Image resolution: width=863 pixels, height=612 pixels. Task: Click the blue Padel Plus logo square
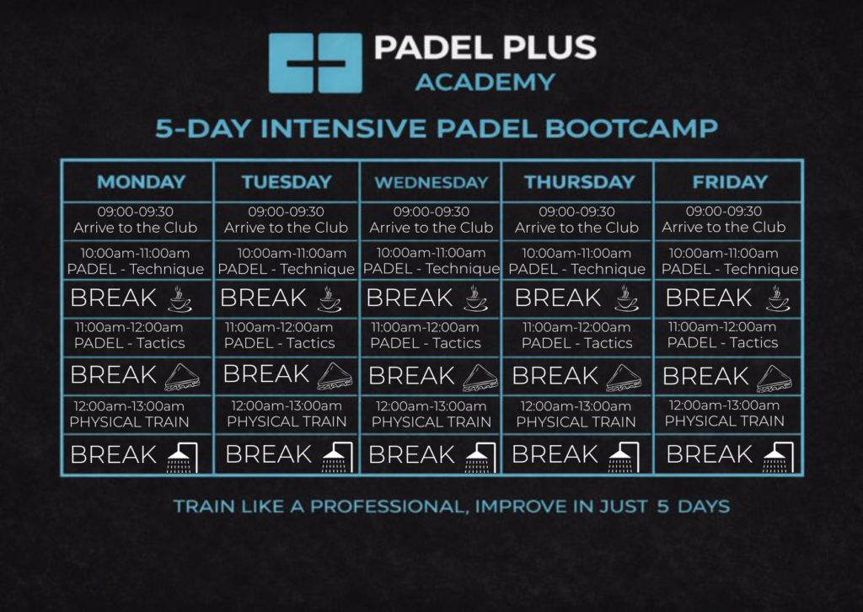[x=315, y=62]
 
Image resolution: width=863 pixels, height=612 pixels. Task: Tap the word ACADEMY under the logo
[x=485, y=83]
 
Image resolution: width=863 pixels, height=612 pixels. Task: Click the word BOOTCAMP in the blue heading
[x=631, y=128]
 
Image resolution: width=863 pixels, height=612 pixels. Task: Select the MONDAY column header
[x=142, y=182]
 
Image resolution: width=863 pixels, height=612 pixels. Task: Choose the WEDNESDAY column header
[x=431, y=183]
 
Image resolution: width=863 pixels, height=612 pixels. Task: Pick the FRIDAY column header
[x=730, y=182]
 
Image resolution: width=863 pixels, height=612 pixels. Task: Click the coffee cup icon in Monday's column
[x=180, y=299]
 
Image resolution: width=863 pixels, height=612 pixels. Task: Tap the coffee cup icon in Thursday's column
[x=627, y=299]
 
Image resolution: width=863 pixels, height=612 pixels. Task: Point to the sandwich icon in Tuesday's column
[x=335, y=377]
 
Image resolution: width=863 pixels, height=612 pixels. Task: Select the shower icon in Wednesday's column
[x=480, y=458]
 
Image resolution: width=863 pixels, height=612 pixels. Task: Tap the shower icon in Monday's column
[x=182, y=458]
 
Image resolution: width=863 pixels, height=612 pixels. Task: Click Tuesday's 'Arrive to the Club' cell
[x=287, y=220]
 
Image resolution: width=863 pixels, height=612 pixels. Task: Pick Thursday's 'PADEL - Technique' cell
[x=576, y=261]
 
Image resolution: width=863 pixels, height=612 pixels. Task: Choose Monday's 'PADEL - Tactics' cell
[x=130, y=336]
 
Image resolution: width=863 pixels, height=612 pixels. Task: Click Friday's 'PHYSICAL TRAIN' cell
[x=724, y=414]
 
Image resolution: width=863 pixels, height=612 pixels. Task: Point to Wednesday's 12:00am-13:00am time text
[x=431, y=406]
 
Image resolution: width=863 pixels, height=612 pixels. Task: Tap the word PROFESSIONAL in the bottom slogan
[x=388, y=507]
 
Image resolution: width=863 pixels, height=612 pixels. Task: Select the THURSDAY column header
[x=580, y=182]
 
